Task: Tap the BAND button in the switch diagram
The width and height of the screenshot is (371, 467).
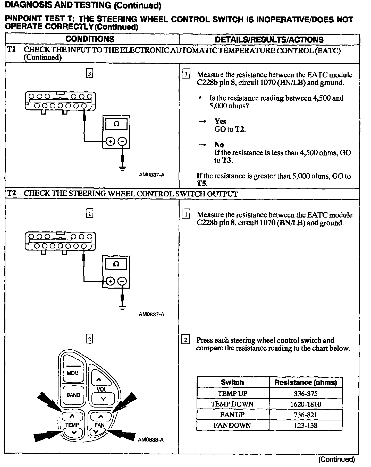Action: click(73, 395)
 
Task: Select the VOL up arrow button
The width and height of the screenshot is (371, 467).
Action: click(99, 380)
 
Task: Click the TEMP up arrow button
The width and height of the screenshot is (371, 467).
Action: click(72, 416)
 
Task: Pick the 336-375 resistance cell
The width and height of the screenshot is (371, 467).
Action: click(306, 394)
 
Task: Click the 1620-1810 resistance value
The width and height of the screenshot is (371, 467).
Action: click(306, 404)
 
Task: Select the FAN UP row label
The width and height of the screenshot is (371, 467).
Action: click(232, 415)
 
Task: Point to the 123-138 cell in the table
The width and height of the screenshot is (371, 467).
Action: click(306, 425)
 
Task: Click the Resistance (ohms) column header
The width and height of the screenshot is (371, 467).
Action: click(306, 383)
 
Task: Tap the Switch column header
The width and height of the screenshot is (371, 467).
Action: click(232, 383)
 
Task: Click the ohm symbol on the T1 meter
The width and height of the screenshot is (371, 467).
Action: click(116, 124)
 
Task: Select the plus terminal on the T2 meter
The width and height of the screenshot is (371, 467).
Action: click(110, 281)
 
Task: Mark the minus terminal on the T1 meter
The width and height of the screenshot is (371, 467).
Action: click(122, 141)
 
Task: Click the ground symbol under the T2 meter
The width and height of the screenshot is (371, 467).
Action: click(122, 307)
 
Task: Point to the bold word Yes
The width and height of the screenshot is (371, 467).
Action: click(220, 121)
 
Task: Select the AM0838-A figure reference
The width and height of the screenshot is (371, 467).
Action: click(151, 440)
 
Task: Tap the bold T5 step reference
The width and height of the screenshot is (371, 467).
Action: click(202, 184)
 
